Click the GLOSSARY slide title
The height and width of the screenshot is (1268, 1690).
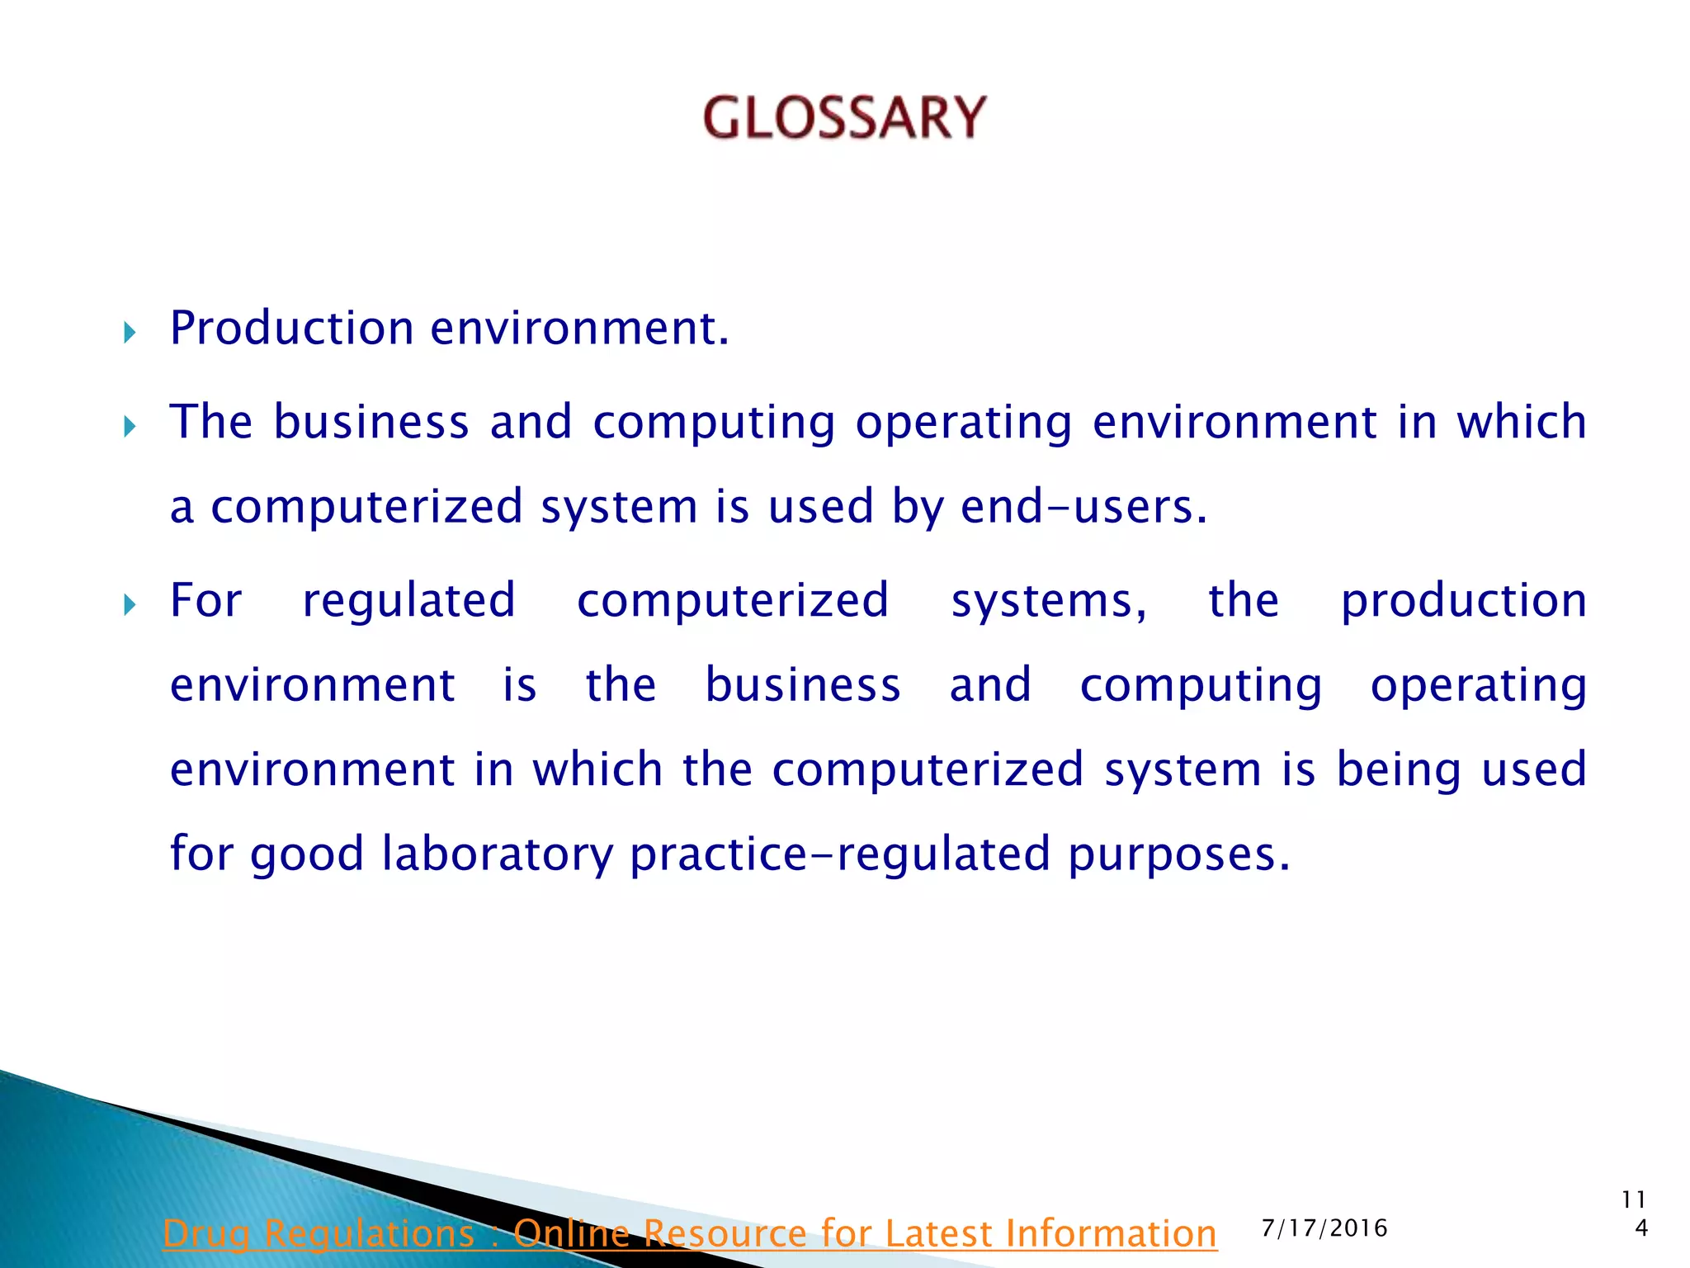(844, 117)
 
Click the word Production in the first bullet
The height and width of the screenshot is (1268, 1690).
(291, 329)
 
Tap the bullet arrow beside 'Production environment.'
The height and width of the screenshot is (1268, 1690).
(130, 334)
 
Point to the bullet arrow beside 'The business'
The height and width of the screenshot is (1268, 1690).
(130, 427)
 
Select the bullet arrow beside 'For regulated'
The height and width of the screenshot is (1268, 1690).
(130, 606)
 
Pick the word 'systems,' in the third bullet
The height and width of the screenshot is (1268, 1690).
(1048, 601)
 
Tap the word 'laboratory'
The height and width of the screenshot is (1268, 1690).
(497, 854)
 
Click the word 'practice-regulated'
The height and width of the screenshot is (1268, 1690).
(839, 854)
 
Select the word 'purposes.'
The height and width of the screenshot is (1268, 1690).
(1178, 854)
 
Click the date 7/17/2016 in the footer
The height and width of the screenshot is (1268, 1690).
(1324, 1228)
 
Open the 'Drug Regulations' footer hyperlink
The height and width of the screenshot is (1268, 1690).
(689, 1233)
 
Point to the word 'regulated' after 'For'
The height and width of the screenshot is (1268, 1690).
(408, 601)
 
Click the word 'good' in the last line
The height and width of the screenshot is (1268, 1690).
(306, 854)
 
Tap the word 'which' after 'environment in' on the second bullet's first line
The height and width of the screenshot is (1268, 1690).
(1521, 422)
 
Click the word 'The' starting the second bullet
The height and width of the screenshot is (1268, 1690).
(210, 422)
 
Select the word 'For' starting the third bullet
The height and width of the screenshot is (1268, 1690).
(205, 601)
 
